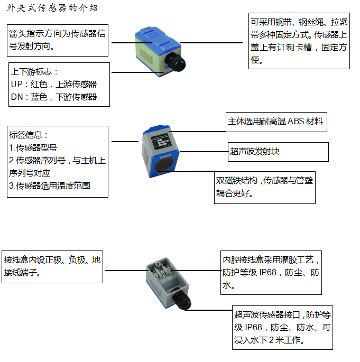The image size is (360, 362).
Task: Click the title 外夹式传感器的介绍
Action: point(52,8)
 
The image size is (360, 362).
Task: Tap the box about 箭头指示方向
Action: point(57,40)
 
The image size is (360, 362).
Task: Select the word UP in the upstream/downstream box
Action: point(16,84)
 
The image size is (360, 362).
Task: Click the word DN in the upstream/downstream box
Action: point(16,97)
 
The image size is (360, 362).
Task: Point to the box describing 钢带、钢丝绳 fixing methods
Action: point(299,41)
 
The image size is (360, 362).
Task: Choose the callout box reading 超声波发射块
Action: point(278,152)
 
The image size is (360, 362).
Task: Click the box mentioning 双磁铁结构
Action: point(264,187)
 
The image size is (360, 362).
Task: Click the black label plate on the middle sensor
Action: point(159,143)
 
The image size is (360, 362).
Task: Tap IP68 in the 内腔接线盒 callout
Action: point(267,273)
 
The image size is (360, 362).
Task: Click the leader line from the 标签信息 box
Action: point(124,142)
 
